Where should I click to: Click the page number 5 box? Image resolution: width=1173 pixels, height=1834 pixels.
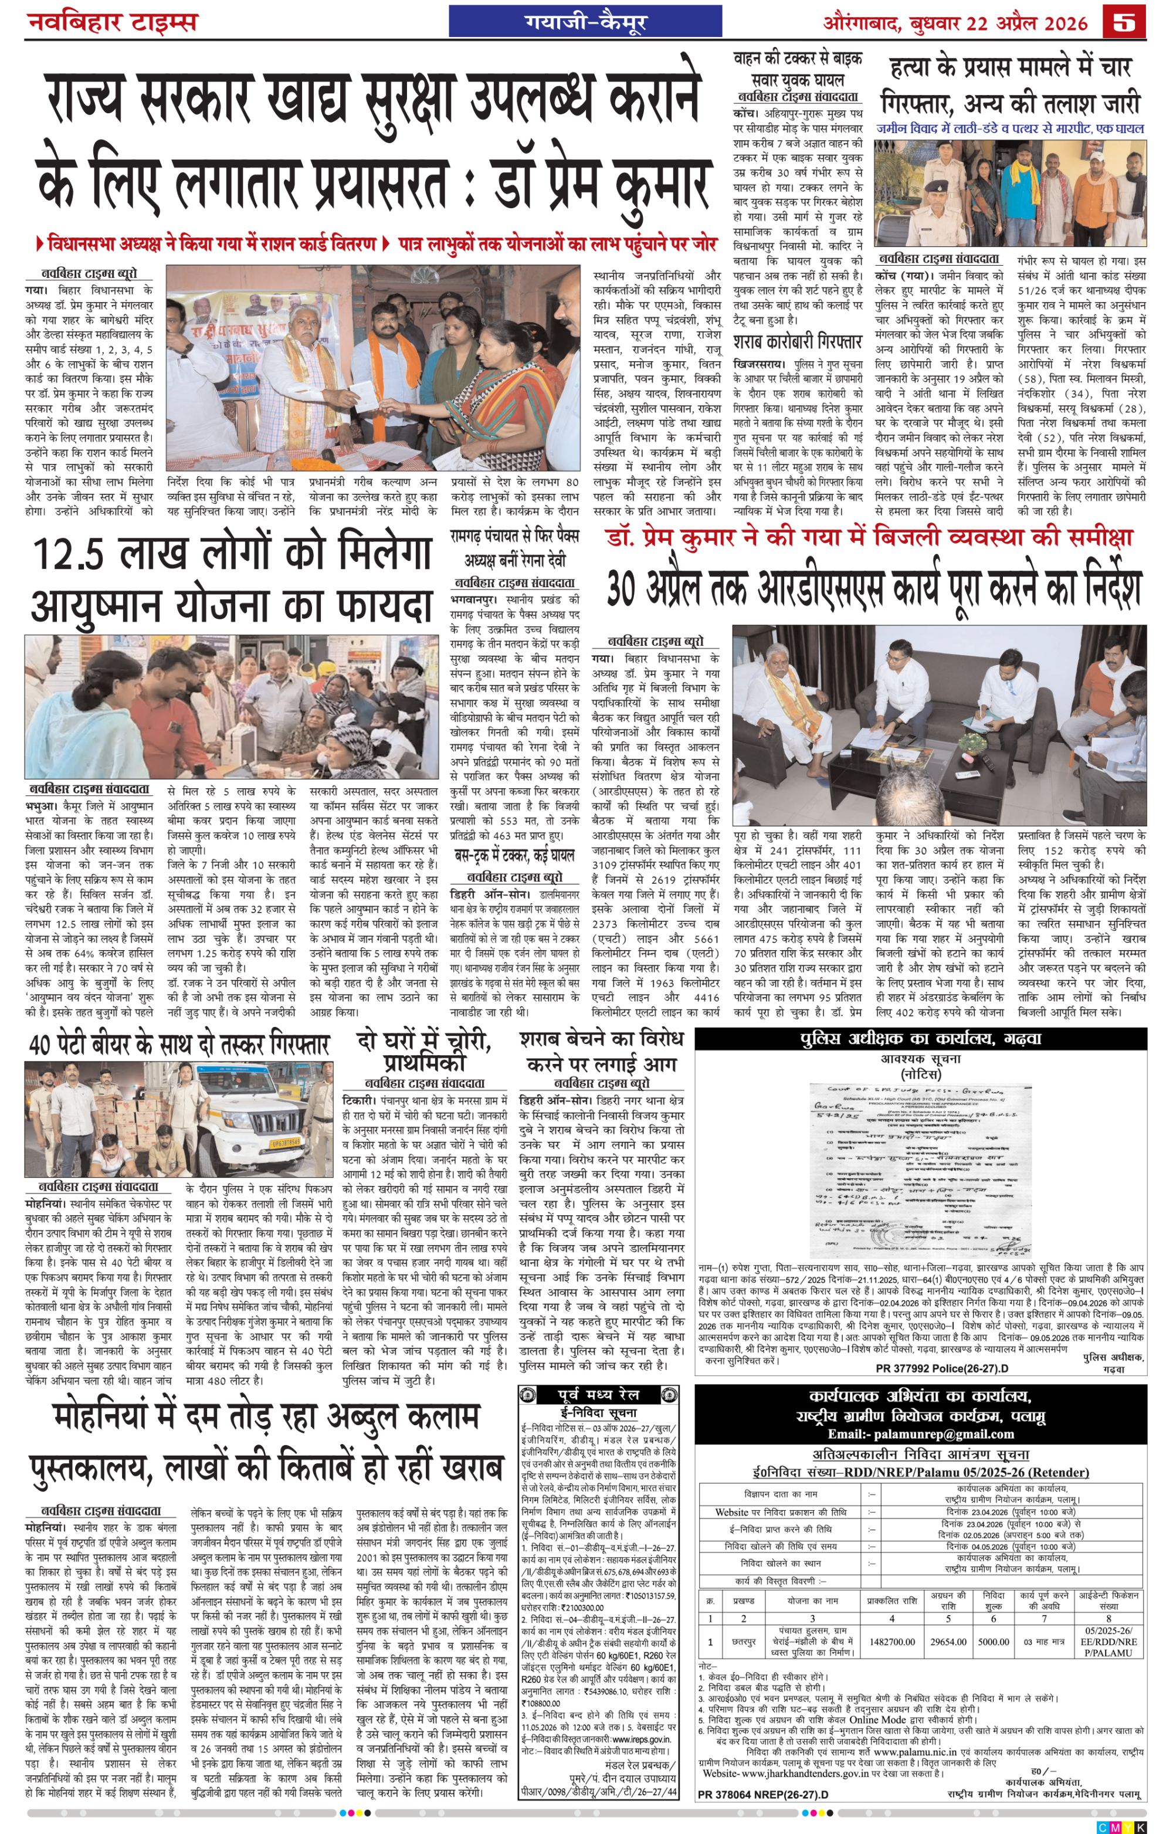(1124, 21)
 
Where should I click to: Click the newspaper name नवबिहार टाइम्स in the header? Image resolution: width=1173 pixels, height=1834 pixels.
(113, 21)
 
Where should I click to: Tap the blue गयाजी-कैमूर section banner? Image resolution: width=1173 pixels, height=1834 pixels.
(585, 21)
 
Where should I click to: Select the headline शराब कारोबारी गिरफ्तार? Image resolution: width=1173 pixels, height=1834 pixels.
(798, 341)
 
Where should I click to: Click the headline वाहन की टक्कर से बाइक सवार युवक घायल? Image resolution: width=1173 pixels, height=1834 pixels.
(798, 69)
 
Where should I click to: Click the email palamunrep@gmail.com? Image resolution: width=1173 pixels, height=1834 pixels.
(920, 1434)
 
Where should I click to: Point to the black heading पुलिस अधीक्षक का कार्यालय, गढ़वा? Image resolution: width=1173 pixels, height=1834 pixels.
(920, 1039)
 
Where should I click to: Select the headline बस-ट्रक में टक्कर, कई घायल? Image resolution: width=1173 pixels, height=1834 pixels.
(515, 855)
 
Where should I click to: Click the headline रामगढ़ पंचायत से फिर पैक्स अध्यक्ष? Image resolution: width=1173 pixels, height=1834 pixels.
(515, 547)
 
